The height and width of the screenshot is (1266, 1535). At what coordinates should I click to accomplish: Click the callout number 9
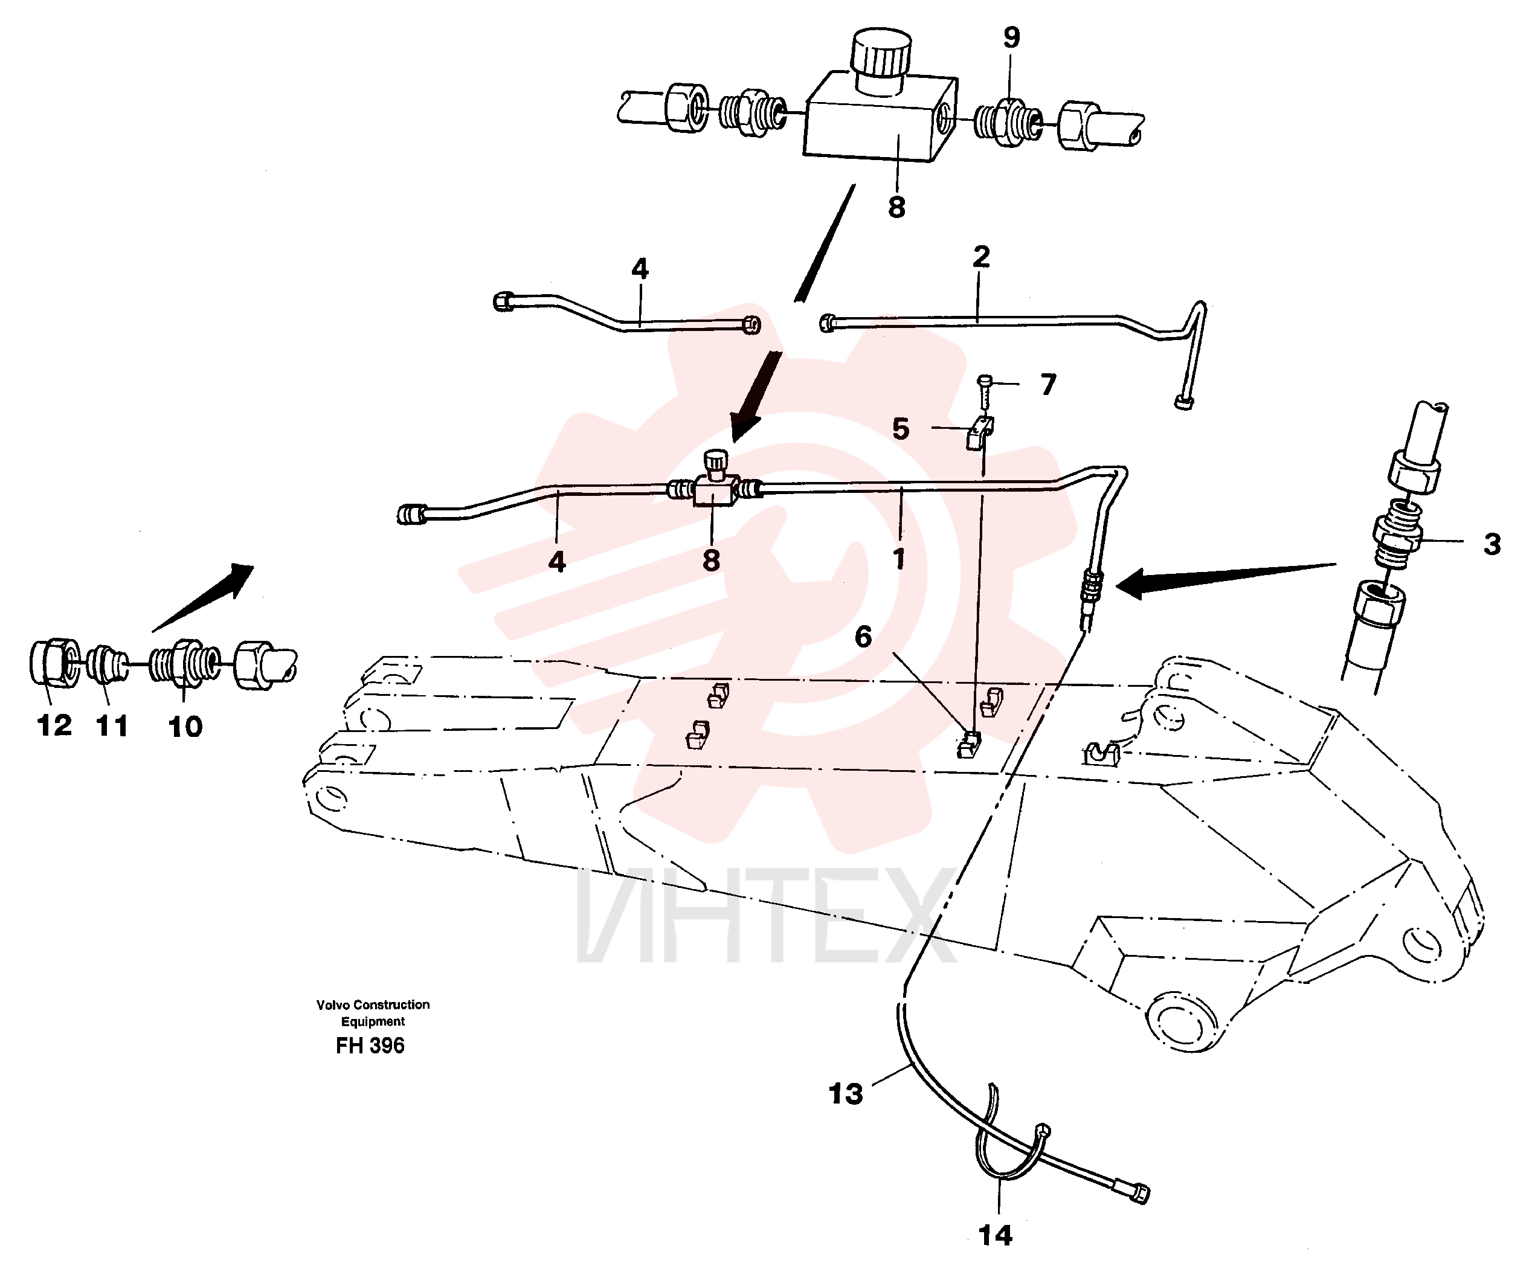click(1011, 37)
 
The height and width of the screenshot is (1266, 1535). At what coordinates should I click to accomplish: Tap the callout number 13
click(846, 1094)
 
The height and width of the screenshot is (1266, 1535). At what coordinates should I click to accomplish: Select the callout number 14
click(996, 1235)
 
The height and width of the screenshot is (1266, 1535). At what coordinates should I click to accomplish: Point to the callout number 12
click(55, 725)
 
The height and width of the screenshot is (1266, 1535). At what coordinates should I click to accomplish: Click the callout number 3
click(1492, 544)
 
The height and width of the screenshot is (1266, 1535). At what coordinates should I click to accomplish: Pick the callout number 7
click(1048, 384)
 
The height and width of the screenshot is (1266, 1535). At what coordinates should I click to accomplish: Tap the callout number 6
click(863, 637)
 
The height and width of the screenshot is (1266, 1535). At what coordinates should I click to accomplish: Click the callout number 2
click(981, 257)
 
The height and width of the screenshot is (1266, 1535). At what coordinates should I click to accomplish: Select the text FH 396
click(370, 1046)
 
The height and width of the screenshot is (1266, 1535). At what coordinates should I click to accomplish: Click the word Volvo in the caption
click(332, 1005)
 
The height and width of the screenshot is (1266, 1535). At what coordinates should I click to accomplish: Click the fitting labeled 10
click(184, 664)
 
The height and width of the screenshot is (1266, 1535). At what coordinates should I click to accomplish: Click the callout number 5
click(901, 429)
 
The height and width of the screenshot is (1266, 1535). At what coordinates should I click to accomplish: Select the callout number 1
click(898, 559)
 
